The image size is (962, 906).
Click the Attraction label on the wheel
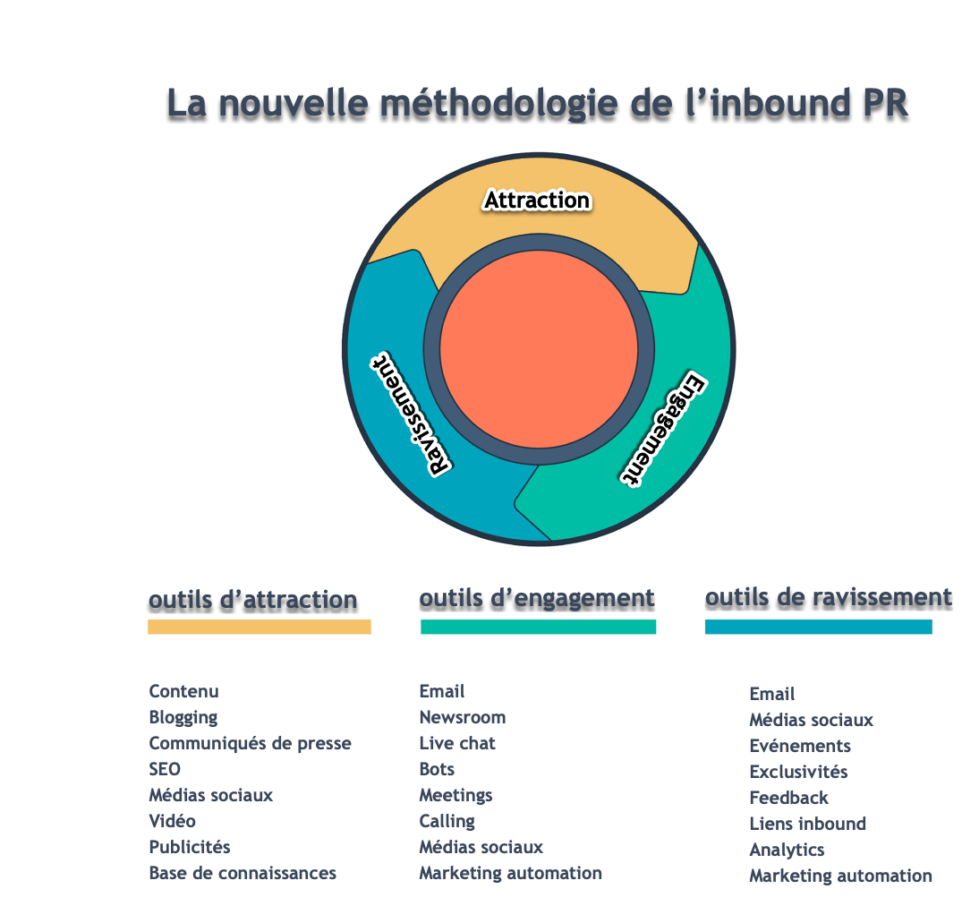pos(537,200)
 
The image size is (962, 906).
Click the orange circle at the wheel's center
pos(539,349)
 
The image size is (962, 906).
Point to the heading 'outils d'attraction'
pos(252,599)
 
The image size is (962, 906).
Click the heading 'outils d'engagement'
pos(537,597)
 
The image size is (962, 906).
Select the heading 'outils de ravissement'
pos(828,596)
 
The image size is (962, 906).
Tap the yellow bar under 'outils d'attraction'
pos(259,627)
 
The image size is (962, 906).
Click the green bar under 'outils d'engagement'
pos(538,627)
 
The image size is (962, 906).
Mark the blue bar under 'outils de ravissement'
pos(818,627)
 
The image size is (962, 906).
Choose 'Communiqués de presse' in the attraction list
pos(250,743)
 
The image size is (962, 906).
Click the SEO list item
pos(165,769)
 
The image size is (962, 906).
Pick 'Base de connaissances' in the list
pos(243,873)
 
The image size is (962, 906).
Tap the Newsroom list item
pos(463,717)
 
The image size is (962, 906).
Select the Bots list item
pos(437,769)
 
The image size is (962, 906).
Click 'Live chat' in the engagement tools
pos(457,743)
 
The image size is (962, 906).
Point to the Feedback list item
pos(788,798)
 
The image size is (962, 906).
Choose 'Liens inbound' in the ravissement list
pos(807,824)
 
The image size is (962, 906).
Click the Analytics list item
pos(787,850)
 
